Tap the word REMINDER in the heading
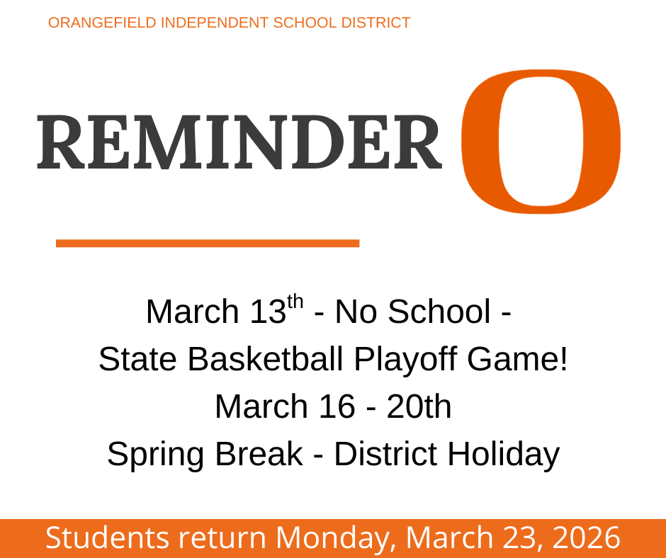(239, 142)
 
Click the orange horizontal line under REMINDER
(207, 243)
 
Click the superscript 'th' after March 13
(295, 302)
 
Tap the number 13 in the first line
(267, 312)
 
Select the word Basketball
(266, 360)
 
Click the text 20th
(419, 406)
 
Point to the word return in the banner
(222, 538)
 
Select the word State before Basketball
(138, 360)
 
